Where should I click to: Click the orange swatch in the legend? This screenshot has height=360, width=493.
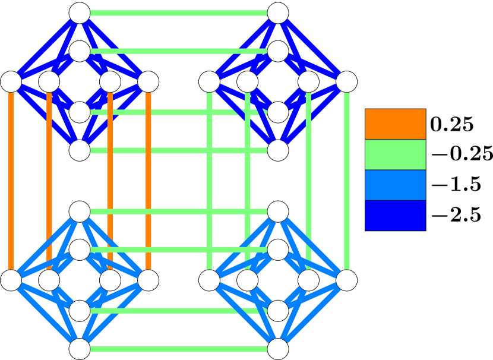pos(395,124)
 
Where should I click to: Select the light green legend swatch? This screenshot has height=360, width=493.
pos(395,154)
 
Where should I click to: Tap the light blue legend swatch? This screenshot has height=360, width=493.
pos(395,185)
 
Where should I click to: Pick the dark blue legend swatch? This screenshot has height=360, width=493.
pos(395,215)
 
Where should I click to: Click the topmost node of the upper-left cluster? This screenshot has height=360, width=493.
pos(80,13)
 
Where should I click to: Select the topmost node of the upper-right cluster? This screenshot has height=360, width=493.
pos(278,13)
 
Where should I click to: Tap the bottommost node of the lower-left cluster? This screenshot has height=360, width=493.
pos(80,349)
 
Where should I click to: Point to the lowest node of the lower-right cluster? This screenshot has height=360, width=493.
pos(278,349)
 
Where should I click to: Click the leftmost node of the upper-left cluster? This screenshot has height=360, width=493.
pos(11,82)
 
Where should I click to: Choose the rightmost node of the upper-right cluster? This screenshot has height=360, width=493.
pos(347,82)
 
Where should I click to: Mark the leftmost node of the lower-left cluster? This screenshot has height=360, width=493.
pos(11,280)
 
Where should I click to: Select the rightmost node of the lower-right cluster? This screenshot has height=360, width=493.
pos(347,280)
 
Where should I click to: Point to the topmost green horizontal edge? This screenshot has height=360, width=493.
pos(179,13)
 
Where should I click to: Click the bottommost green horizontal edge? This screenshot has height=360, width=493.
pos(179,349)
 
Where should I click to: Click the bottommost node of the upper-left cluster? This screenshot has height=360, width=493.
pos(80,150)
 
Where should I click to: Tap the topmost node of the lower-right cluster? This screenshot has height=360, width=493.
pos(278,211)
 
